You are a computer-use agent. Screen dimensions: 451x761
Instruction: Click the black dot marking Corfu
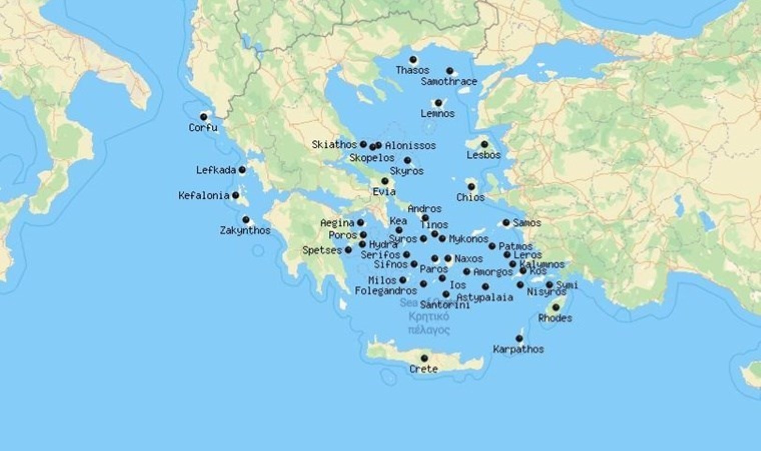203,117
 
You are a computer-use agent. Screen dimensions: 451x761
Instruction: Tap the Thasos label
413,70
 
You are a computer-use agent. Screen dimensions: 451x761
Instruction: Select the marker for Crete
424,358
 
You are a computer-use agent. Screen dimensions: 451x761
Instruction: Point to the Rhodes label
555,318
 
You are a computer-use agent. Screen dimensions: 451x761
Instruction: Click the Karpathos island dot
519,339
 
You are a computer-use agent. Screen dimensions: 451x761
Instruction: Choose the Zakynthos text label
245,231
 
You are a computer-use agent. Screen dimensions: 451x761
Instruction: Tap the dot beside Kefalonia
235,195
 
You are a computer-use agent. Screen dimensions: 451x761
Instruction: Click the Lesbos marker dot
484,144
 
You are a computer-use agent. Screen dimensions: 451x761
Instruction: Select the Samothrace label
449,81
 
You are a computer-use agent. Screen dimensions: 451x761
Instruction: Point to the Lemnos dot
438,103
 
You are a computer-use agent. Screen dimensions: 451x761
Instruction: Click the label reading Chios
470,197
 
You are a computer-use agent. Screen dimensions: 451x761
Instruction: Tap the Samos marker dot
506,222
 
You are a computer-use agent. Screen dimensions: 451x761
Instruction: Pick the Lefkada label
216,170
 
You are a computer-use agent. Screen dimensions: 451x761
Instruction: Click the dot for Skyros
408,160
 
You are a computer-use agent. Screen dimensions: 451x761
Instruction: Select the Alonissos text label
411,146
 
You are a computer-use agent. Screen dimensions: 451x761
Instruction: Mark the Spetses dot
348,250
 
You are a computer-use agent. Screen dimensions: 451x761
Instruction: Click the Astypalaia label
485,297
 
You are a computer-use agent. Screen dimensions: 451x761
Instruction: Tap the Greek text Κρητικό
429,317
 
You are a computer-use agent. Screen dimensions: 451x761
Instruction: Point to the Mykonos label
469,239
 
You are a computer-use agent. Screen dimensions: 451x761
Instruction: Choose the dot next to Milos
403,280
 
